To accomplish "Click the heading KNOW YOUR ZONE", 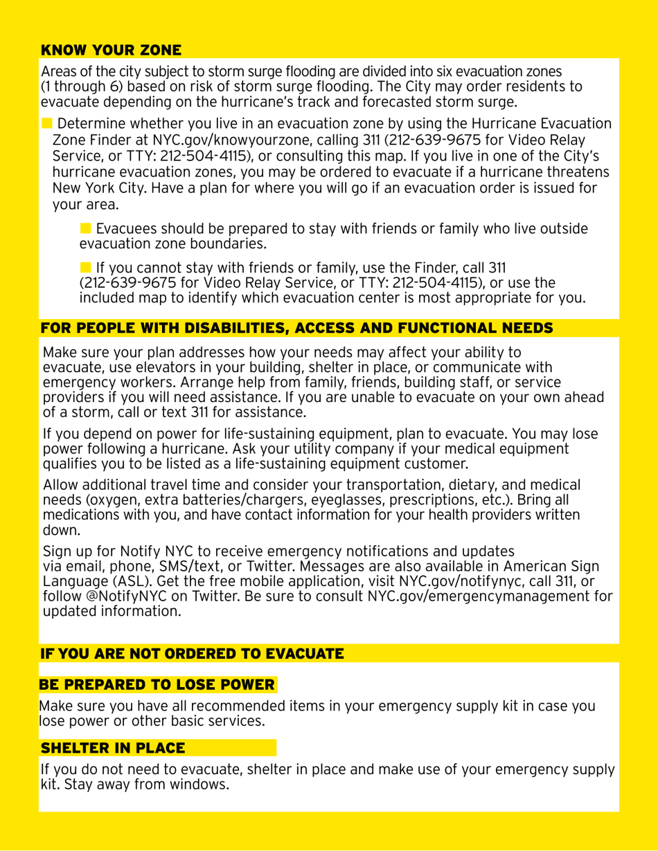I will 112,50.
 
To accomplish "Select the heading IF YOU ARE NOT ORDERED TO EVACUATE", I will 192,653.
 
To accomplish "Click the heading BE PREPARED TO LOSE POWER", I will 158,685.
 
